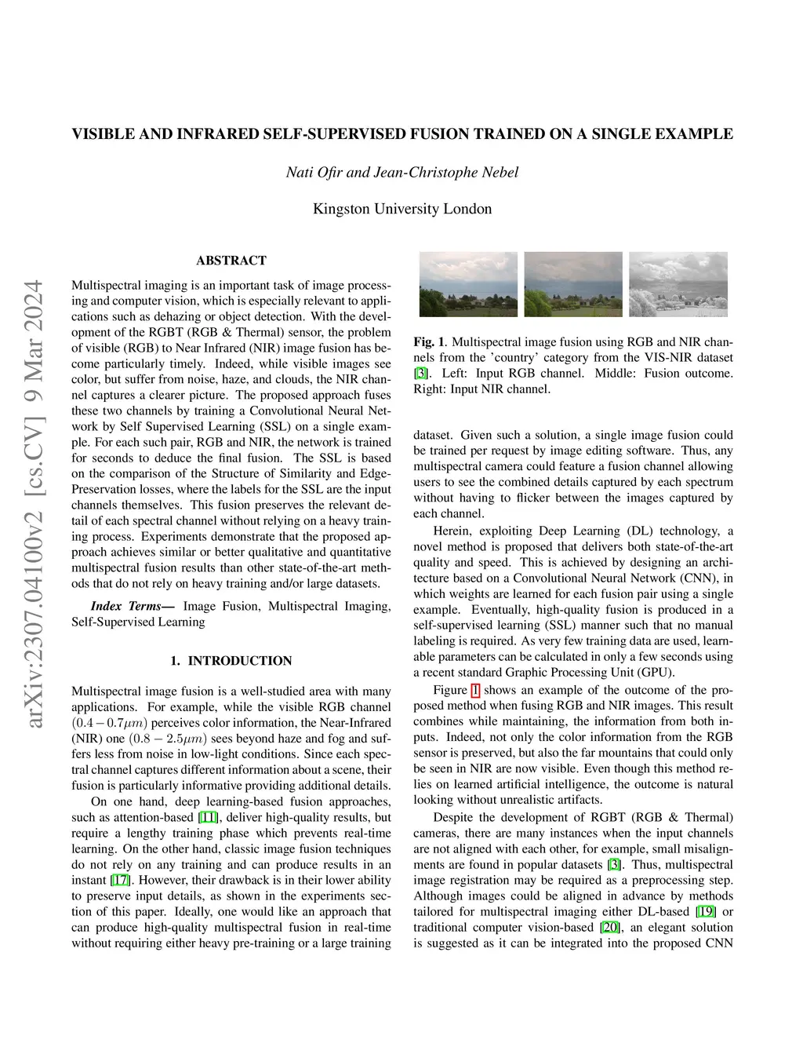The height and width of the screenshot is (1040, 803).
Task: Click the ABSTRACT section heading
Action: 231,261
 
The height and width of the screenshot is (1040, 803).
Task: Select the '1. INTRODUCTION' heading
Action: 231,661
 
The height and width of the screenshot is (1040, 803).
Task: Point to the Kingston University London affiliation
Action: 402,209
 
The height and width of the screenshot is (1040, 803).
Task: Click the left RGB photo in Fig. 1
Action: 468,283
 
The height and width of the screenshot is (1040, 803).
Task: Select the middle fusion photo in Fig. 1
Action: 573,283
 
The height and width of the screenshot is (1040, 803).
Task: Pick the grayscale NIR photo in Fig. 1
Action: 678,283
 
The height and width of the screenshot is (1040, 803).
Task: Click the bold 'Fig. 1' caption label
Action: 429,342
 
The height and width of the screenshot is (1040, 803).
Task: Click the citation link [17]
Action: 120,881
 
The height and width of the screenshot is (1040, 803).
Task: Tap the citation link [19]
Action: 703,912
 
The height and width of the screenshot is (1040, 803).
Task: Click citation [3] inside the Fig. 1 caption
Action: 420,374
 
